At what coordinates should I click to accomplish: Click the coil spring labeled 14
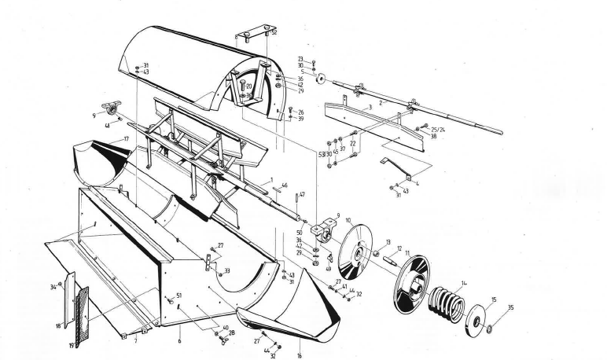coord(448,303)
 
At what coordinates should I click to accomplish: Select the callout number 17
coord(125,139)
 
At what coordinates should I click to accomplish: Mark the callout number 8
coord(236,37)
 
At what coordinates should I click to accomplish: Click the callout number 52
coord(274,32)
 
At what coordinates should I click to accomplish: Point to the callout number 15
coord(494,299)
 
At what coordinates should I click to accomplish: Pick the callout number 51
coord(178,296)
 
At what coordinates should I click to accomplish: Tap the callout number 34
coord(53,287)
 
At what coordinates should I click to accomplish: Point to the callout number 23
coord(300,58)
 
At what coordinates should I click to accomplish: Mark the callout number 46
coord(284,186)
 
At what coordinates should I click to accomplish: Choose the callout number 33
coord(227,271)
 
